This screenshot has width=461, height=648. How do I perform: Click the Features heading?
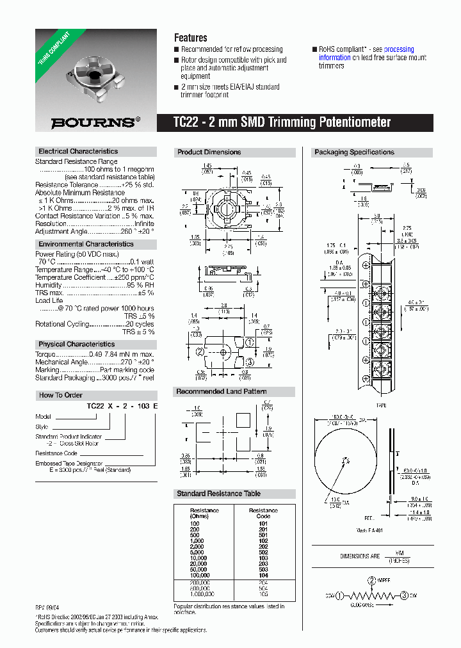(190, 38)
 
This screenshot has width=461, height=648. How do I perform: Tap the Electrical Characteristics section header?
(78, 152)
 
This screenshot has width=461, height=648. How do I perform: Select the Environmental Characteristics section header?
(86, 245)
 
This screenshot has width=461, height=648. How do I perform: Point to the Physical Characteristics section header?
(76, 344)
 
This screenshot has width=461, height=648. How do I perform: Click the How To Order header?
(61, 395)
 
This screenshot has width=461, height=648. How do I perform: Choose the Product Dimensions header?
(209, 152)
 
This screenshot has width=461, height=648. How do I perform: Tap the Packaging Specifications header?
(353, 152)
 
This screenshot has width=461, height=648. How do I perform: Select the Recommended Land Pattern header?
(221, 392)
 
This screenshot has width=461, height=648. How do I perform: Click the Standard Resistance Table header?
(218, 494)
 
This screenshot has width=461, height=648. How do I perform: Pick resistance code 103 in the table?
(263, 558)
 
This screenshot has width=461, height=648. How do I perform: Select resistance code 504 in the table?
(263, 587)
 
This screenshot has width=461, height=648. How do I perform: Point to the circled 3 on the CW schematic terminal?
(404, 595)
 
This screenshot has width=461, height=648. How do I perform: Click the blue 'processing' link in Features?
(399, 49)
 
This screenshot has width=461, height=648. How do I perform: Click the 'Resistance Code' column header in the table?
(263, 514)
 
